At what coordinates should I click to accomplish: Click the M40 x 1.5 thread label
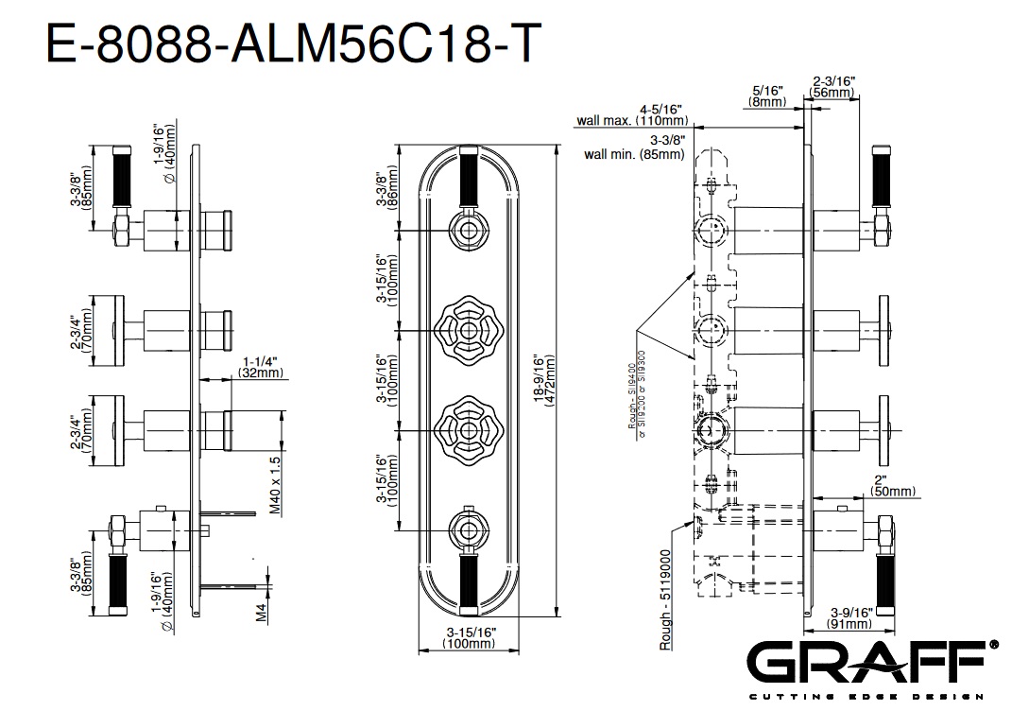(275, 484)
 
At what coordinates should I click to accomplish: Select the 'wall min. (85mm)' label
(634, 154)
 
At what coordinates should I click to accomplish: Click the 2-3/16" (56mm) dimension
(833, 88)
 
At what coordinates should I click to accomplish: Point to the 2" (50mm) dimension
(894, 485)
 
